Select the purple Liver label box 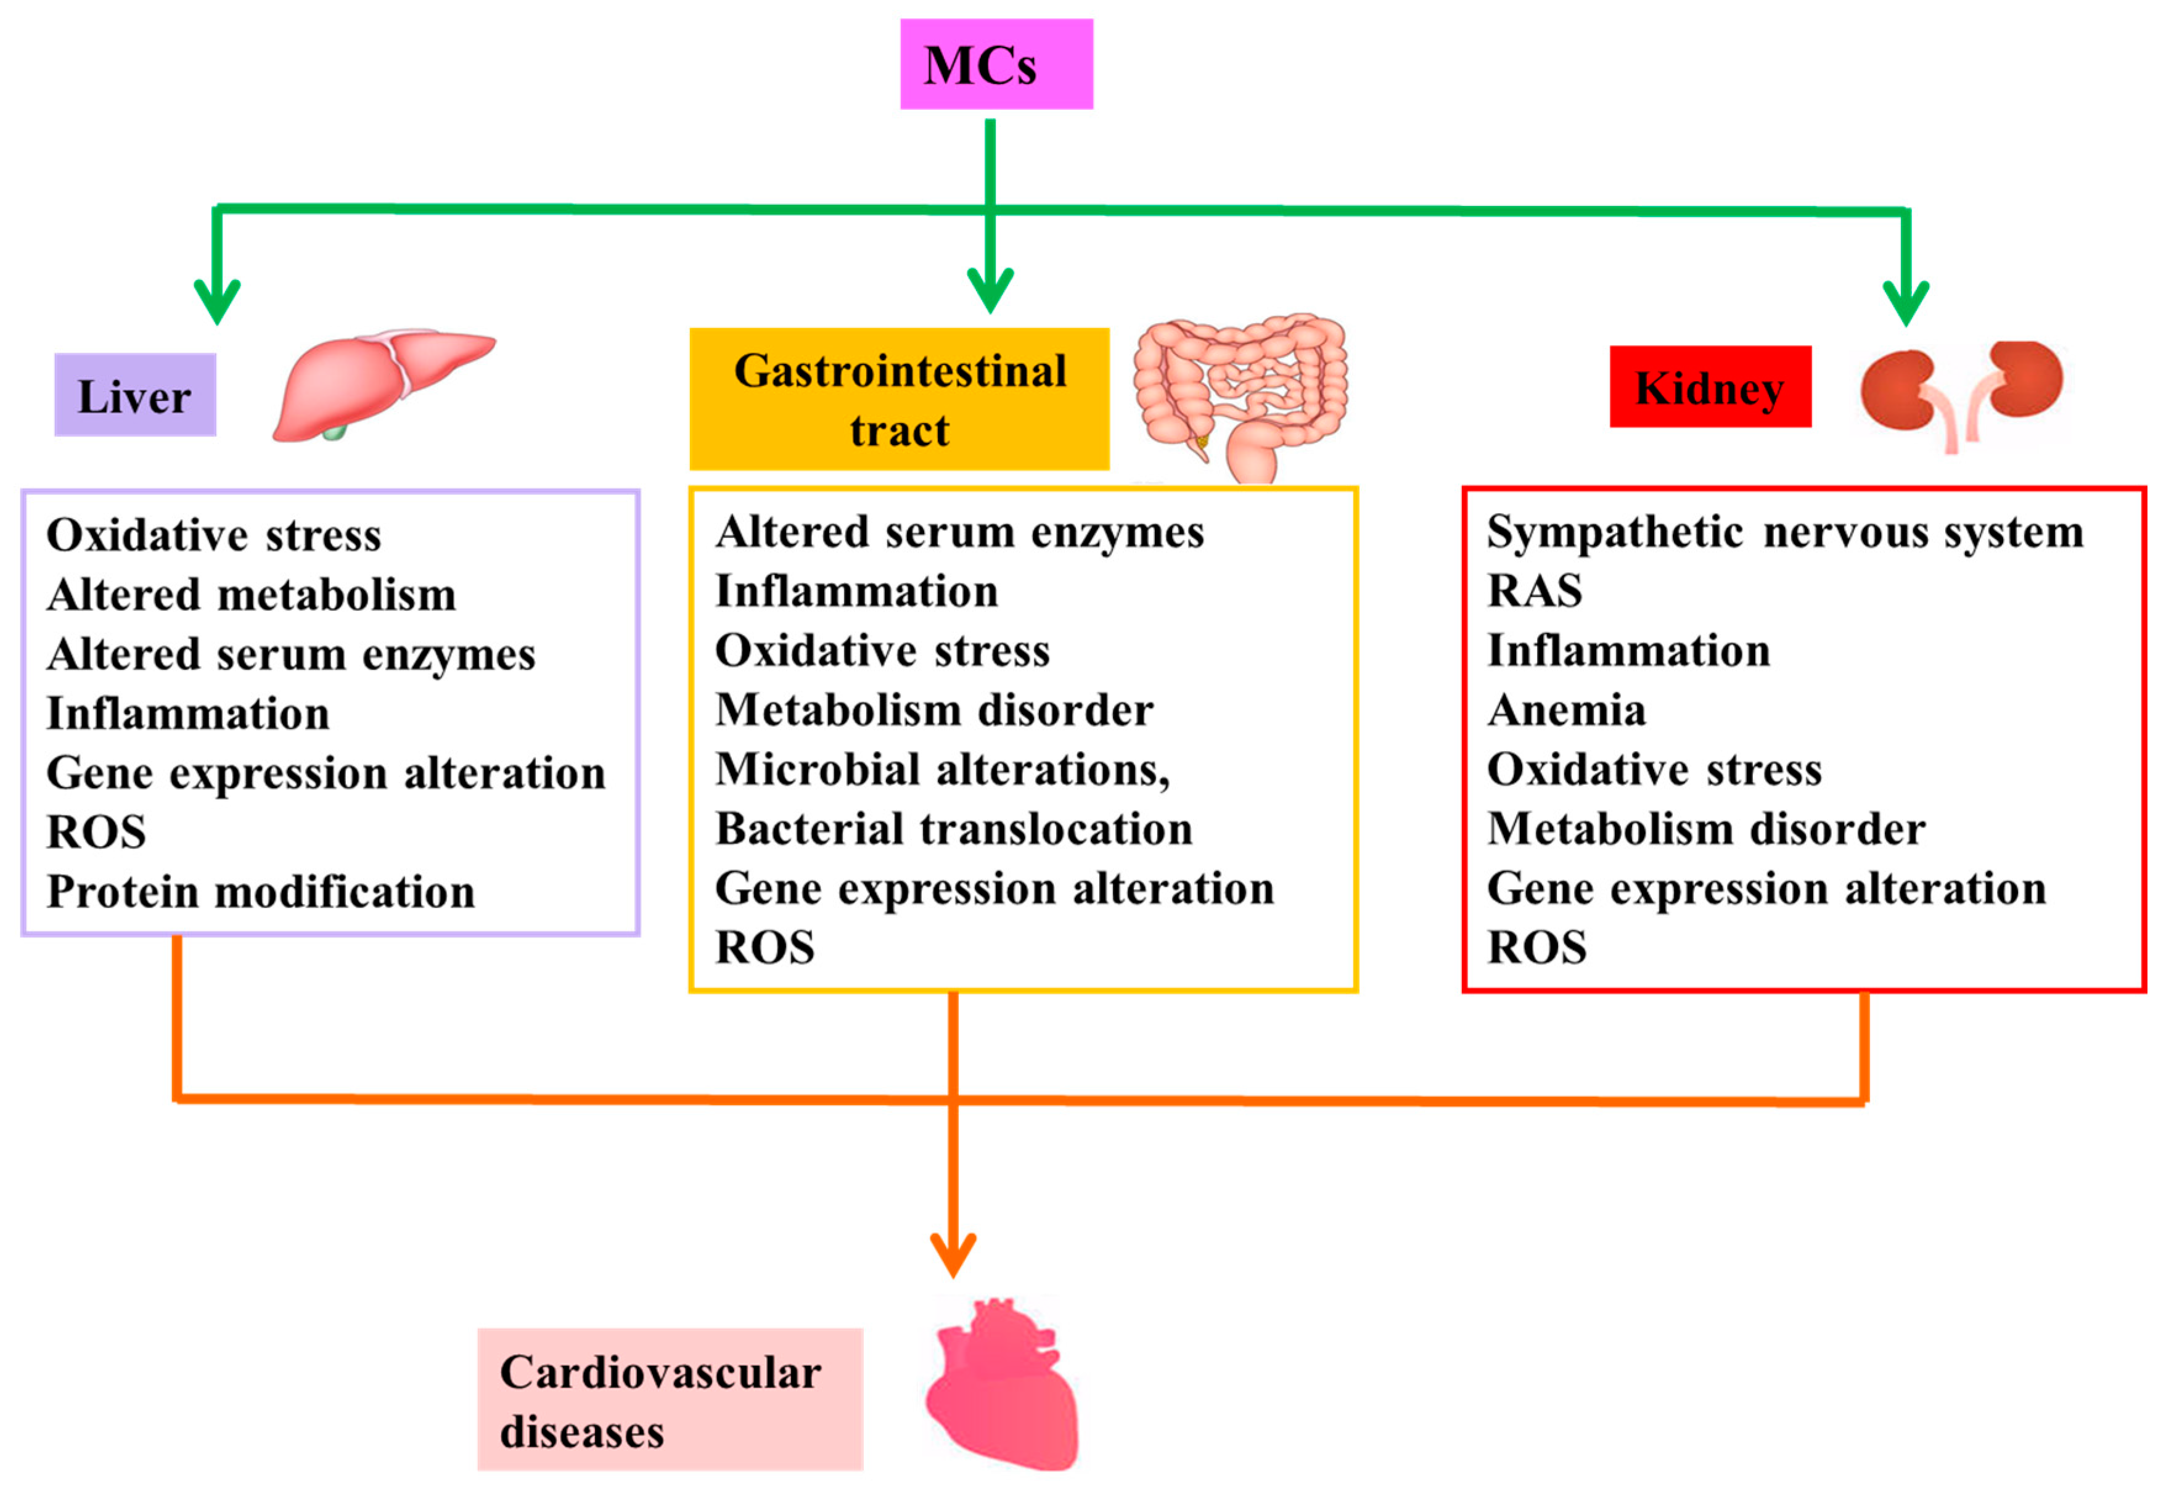tap(135, 395)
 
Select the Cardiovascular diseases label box tap(668, 1399)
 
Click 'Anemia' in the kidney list tap(1565, 710)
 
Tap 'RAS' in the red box tap(1533, 591)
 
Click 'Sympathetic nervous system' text tap(1784, 532)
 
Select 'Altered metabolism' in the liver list tap(251, 594)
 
